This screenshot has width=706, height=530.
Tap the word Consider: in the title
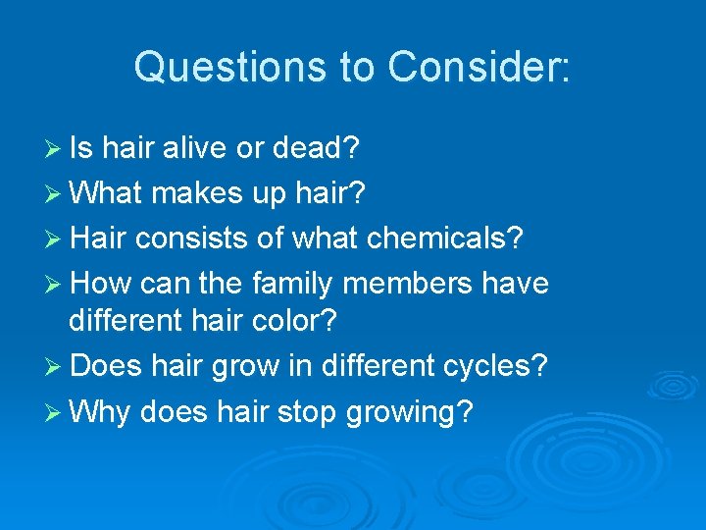[x=478, y=68]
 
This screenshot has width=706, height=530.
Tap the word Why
[x=101, y=411]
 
